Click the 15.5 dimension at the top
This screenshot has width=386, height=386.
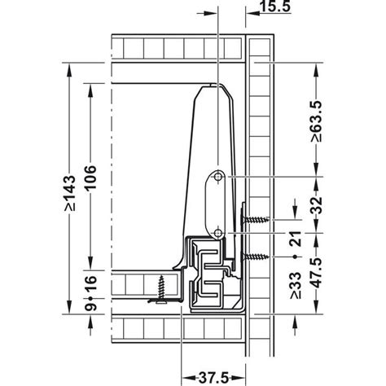point(275,6)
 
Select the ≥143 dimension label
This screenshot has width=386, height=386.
point(69,193)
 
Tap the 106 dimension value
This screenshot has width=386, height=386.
point(90,178)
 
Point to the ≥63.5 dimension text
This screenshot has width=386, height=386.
point(317,121)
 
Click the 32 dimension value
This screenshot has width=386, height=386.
point(317,205)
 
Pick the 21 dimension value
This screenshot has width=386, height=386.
point(296,239)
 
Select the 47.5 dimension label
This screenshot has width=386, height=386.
point(317,273)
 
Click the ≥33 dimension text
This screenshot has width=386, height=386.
point(296,286)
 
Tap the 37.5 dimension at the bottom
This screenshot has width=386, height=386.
point(213,377)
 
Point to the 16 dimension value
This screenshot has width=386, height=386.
point(90,283)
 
